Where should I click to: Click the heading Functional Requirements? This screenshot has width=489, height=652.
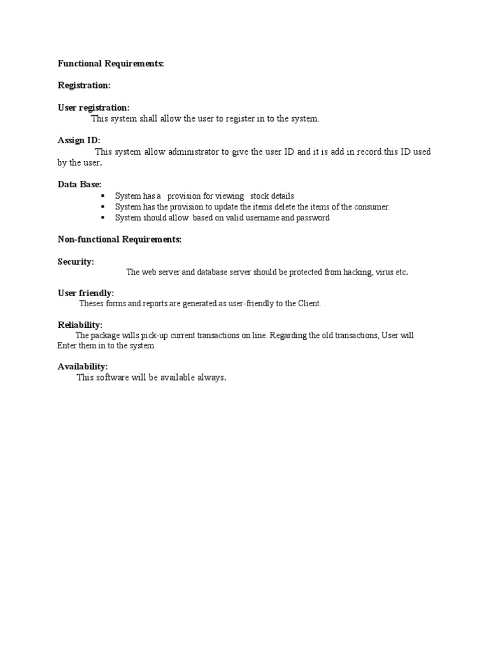tap(111, 64)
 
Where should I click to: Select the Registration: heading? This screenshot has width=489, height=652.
tap(84, 85)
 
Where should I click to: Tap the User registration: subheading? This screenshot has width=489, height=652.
tap(94, 108)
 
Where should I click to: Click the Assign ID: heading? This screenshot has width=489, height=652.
tap(79, 140)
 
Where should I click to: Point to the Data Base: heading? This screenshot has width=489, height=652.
tap(80, 184)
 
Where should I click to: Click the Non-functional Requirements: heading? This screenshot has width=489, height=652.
tap(120, 239)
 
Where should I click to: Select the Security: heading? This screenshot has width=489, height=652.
tap(76, 262)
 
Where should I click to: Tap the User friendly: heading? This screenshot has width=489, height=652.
tap(86, 293)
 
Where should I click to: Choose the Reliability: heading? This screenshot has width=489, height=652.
tap(80, 325)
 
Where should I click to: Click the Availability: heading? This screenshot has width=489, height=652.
tap(83, 366)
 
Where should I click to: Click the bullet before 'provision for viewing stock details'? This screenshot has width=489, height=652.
tap(103, 196)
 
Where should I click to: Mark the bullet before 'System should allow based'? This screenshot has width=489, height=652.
tap(103, 218)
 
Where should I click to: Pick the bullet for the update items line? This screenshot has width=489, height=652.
tap(103, 207)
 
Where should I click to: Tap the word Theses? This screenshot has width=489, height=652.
tap(92, 304)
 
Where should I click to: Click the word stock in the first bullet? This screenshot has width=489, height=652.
tap(260, 196)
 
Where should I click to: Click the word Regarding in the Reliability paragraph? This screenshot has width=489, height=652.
tap(288, 336)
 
